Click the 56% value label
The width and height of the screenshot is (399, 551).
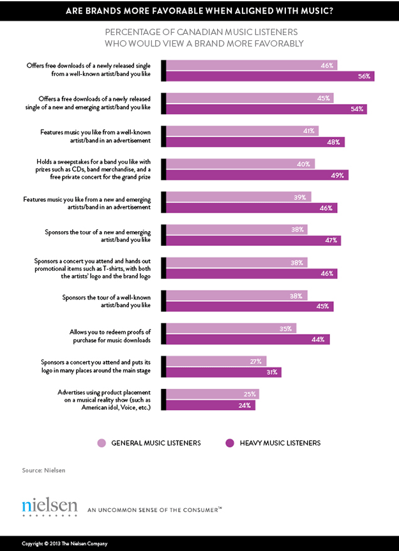click(365, 76)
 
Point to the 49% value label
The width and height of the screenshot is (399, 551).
click(339, 175)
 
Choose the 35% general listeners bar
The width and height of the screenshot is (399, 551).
click(231, 328)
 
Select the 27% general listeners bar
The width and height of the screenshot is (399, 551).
click(216, 361)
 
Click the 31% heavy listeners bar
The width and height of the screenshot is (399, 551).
click(223, 372)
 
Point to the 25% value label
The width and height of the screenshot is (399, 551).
click(250, 394)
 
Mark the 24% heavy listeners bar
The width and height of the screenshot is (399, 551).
click(211, 405)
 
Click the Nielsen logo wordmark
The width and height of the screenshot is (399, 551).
click(49, 507)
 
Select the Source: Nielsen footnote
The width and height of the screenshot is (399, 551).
click(43, 471)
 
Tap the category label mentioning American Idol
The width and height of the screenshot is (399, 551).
click(108, 400)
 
